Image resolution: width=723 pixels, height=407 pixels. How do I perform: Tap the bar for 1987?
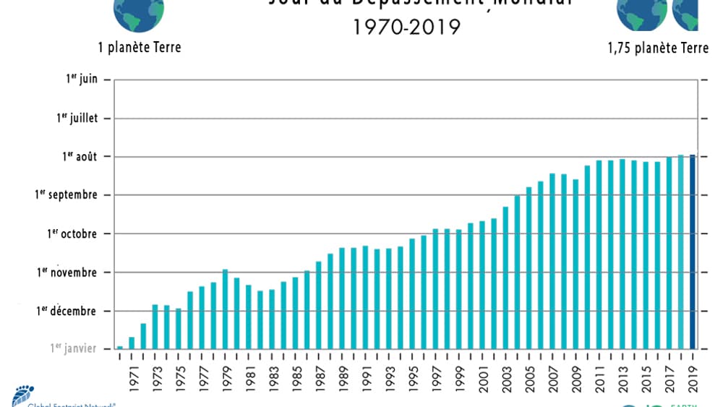(318, 304)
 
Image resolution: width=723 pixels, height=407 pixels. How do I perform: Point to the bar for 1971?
(132, 343)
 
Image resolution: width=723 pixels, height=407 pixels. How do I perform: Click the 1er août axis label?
(77, 156)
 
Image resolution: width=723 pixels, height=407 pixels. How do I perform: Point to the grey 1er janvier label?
(73, 348)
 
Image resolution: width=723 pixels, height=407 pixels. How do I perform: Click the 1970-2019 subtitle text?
(406, 27)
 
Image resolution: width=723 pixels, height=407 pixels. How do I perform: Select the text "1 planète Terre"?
(140, 48)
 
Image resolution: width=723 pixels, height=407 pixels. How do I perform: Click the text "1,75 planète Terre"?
(658, 48)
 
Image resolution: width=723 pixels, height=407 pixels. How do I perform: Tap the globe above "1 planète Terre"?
(139, 13)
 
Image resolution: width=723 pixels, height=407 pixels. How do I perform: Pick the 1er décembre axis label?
(67, 311)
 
